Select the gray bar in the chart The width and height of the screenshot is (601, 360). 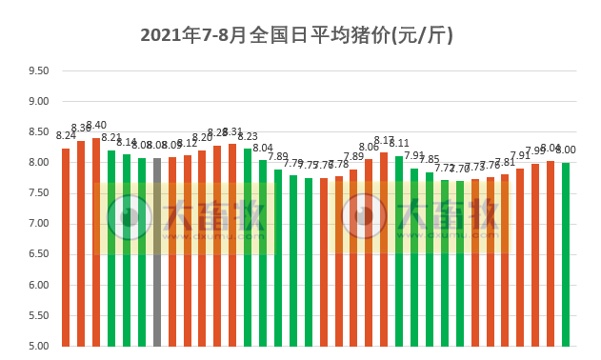click(x=157, y=252)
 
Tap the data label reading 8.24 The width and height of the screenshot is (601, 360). click(x=66, y=136)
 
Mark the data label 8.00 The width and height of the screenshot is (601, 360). click(x=566, y=150)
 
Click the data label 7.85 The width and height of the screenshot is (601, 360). click(x=430, y=159)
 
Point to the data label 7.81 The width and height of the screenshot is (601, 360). click(x=505, y=162)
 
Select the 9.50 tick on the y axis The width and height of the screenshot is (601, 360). click(x=38, y=70)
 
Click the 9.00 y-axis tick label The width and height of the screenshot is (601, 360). click(x=38, y=101)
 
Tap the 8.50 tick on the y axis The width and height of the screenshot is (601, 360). click(x=38, y=131)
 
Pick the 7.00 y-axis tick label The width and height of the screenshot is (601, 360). click(x=38, y=224)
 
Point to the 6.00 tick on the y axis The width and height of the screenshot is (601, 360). click(x=38, y=285)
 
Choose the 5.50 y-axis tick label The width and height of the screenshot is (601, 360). click(x=38, y=315)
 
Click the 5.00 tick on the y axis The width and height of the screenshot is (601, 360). click(x=38, y=346)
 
